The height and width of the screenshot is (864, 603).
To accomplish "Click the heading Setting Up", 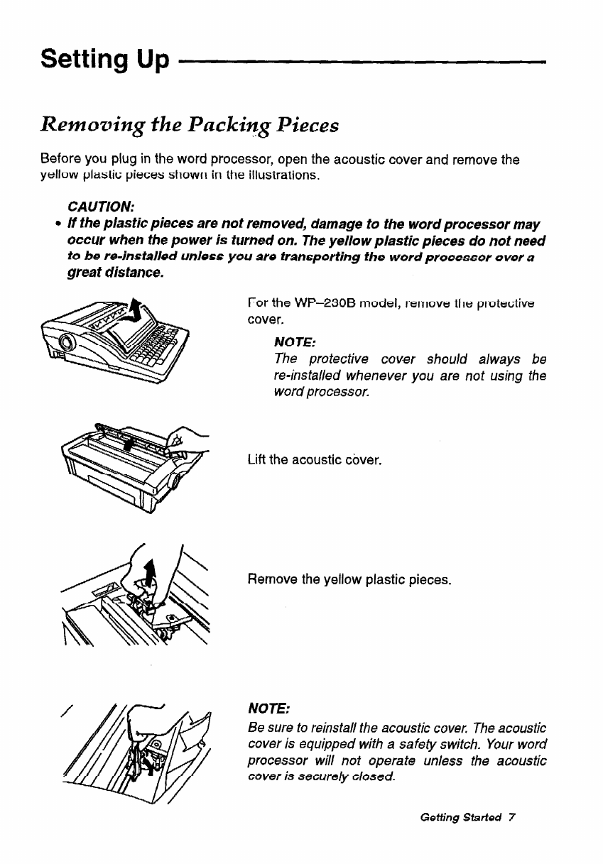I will (x=105, y=59).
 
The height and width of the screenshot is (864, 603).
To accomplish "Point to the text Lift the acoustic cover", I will (x=315, y=460).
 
